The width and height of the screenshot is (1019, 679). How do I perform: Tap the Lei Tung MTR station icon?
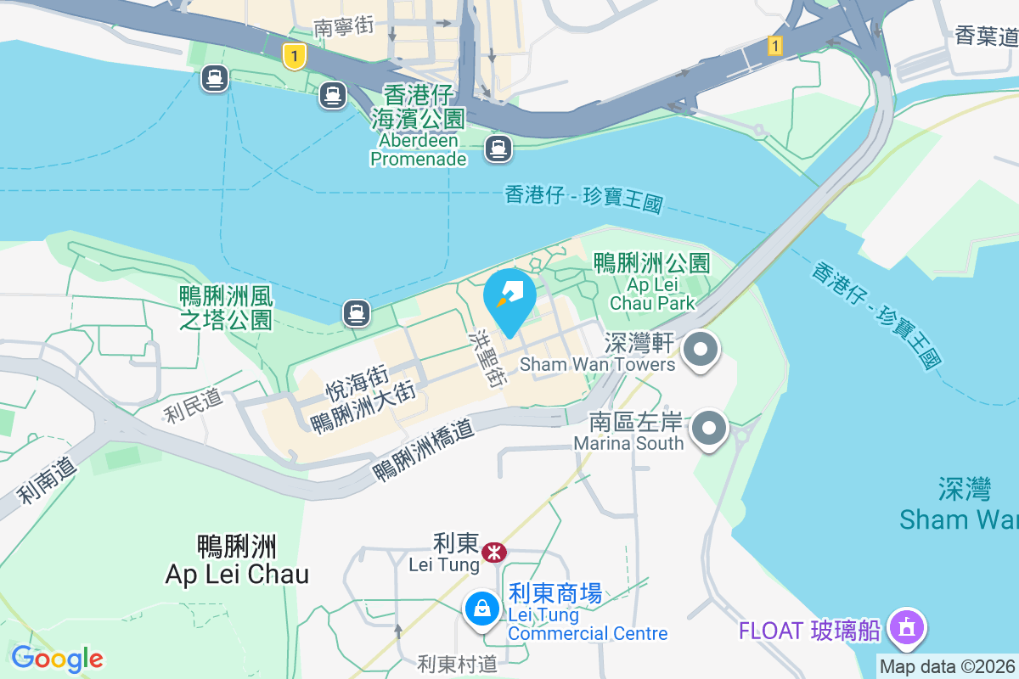point(493,553)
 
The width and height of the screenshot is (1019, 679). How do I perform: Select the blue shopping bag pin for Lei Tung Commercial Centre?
point(482,609)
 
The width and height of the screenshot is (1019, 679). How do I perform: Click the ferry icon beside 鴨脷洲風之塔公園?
point(356,314)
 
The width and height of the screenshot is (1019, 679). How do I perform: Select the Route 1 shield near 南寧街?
point(294,57)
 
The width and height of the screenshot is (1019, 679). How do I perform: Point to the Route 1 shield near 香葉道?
point(774,46)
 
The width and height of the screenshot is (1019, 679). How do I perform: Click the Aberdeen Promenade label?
point(419,149)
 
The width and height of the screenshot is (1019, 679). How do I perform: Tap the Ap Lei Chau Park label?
point(652,294)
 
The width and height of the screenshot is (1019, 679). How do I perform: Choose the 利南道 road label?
point(48,479)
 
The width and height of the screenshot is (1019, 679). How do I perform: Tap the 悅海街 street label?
point(357,383)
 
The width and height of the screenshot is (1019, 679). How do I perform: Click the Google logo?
point(56,659)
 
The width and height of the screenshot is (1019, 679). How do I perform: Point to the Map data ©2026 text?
point(947,666)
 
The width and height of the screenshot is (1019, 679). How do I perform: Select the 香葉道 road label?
point(986,36)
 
